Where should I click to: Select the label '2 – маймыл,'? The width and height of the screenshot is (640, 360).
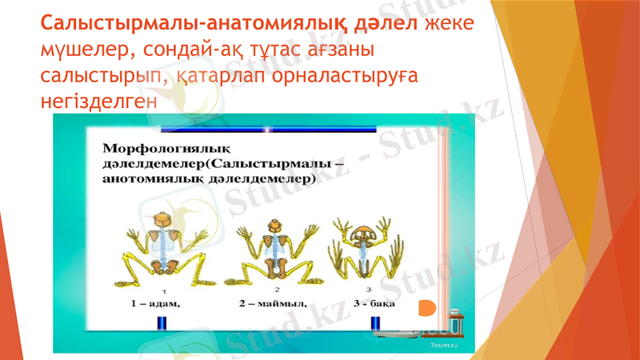point(273,304)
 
